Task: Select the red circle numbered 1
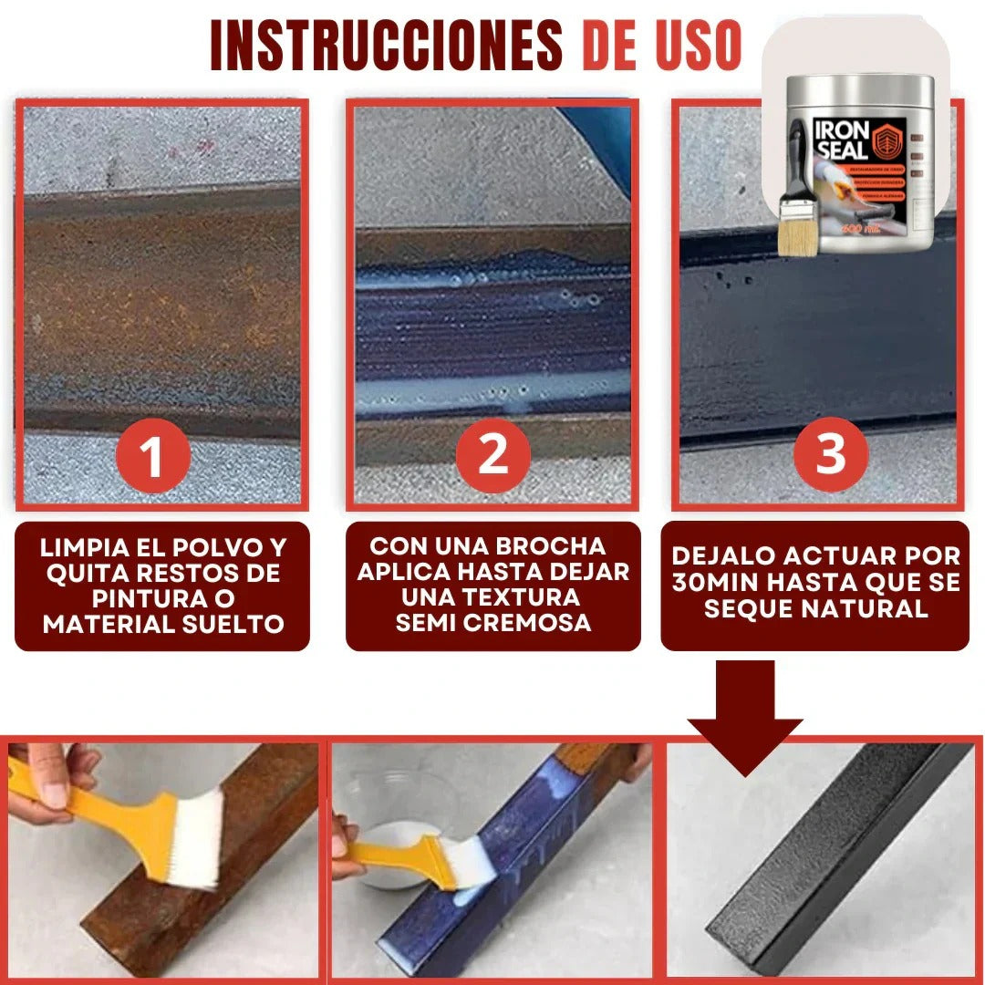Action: pos(151,455)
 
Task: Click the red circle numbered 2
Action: pos(493,453)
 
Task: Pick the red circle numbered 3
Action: pos(830,453)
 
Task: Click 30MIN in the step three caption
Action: pos(717,583)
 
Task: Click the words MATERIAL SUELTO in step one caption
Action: pos(163,625)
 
